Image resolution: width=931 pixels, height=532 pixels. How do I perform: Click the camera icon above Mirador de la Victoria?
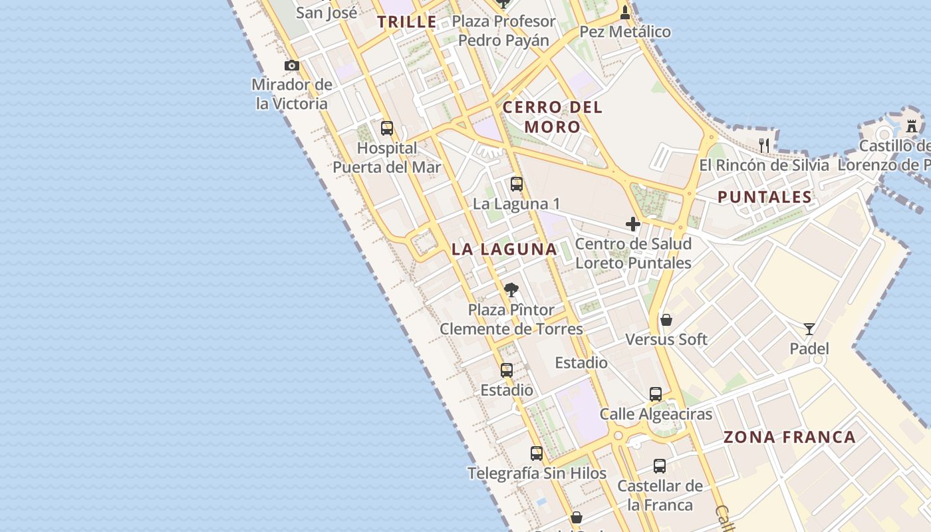click(291, 65)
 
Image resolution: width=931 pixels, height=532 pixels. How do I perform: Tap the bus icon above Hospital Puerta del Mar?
click(386, 128)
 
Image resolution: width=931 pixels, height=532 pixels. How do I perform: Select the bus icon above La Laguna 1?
click(516, 184)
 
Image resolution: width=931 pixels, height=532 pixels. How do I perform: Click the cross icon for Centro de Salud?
click(632, 224)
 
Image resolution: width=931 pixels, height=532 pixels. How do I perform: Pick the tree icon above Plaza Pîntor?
click(511, 290)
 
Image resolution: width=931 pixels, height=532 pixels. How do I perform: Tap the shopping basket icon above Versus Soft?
click(666, 320)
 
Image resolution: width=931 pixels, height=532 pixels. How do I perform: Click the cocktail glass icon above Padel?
click(809, 329)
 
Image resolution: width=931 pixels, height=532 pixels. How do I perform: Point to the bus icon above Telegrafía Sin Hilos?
click(536, 454)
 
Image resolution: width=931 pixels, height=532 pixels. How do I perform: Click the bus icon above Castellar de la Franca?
click(659, 465)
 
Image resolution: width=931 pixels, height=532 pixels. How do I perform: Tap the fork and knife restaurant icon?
click(764, 144)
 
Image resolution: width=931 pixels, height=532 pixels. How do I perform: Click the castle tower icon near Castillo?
click(912, 125)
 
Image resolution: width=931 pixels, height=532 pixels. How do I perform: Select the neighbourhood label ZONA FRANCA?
click(789, 437)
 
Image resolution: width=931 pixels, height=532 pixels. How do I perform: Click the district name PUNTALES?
click(765, 197)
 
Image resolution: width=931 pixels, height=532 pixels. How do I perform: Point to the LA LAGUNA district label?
click(504, 249)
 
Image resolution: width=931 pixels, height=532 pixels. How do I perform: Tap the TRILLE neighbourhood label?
click(407, 22)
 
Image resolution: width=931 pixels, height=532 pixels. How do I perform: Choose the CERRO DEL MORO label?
click(552, 116)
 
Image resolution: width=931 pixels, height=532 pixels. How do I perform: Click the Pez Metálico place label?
click(625, 32)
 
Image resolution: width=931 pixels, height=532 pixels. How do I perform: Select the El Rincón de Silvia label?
click(764, 165)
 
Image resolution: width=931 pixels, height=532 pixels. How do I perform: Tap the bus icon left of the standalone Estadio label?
click(507, 370)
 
